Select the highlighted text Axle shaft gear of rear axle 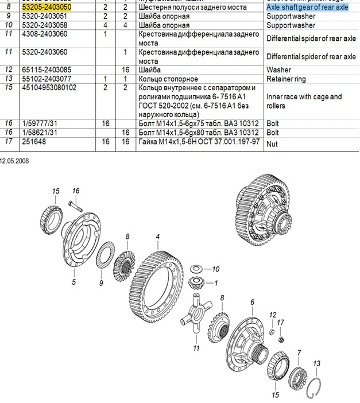(307, 7)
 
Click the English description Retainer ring (285, 79)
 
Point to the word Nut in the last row (272, 144)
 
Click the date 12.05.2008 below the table (14, 161)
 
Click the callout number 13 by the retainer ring (316, 363)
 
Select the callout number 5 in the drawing (73, 282)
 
